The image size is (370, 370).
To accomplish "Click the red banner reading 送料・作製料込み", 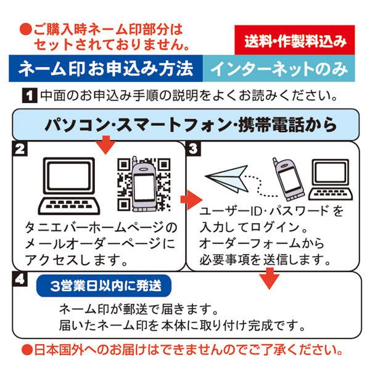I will click(x=295, y=41).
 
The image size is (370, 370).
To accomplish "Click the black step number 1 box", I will click(x=28, y=96).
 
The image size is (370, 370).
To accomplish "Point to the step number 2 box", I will click(x=20, y=149).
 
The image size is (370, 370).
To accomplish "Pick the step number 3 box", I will click(x=193, y=149).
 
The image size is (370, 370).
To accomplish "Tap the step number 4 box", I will click(x=20, y=279).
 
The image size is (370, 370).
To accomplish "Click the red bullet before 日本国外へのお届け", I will click(x=27, y=351).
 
